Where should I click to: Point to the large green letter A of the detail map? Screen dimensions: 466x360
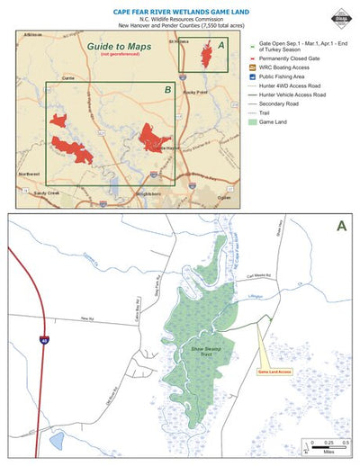click(339, 227)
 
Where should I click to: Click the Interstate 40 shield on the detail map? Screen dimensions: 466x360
click(42, 339)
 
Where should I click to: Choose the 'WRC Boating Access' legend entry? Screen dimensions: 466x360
click(284, 77)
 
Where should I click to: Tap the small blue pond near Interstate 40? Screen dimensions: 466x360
click(58, 440)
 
